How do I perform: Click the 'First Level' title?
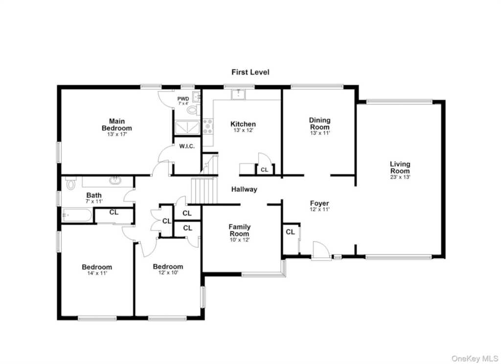click(250, 73)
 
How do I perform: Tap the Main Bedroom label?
click(116, 125)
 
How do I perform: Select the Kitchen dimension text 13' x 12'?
click(243, 130)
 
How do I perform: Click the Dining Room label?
click(319, 123)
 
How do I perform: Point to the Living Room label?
click(400, 167)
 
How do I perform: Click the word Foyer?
click(319, 203)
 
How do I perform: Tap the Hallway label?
click(244, 190)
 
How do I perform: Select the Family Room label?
click(239, 230)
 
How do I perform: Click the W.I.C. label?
click(186, 146)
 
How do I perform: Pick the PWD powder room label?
click(183, 99)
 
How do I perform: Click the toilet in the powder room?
click(193, 111)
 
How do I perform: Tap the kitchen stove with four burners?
click(208, 126)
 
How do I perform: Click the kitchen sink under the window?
click(238, 95)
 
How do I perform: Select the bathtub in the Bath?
click(77, 215)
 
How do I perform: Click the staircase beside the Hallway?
click(204, 191)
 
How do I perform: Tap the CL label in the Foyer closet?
click(290, 232)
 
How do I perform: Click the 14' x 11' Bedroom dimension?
click(97, 273)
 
